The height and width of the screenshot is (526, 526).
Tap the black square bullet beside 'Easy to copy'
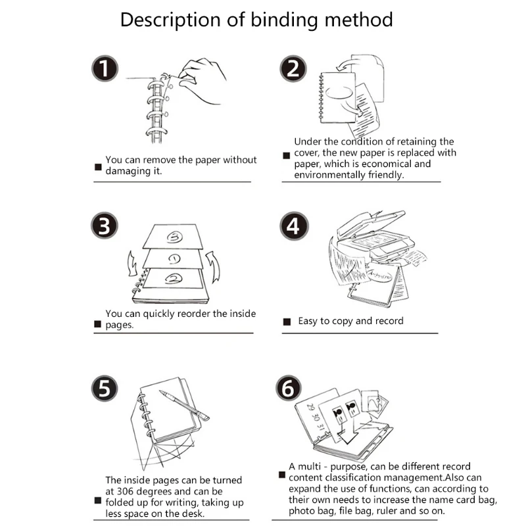(287, 322)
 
